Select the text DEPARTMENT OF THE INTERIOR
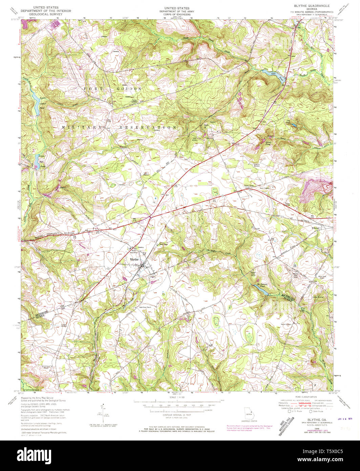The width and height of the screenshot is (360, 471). (x=46, y=11)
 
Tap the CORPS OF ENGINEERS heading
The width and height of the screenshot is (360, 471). (x=177, y=14)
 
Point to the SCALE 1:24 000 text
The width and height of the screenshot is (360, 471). (x=177, y=397)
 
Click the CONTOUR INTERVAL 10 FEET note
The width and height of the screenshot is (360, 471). (x=177, y=415)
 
